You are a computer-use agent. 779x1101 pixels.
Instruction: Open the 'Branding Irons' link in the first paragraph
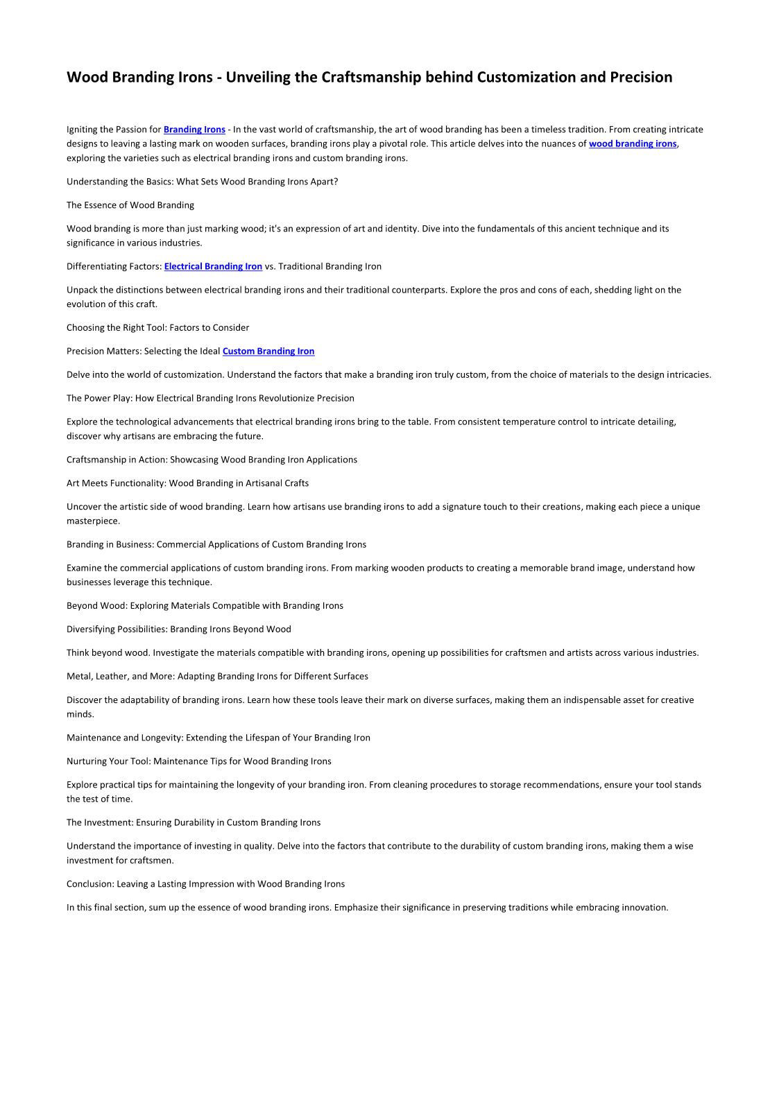[194, 130]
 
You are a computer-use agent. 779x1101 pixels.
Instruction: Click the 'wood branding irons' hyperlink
[632, 144]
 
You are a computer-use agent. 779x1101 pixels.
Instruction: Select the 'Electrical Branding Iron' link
[213, 267]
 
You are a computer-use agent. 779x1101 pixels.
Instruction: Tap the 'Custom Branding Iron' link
[268, 352]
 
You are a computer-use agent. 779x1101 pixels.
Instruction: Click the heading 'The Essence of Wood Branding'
[130, 205]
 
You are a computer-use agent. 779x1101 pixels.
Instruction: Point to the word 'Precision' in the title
[641, 77]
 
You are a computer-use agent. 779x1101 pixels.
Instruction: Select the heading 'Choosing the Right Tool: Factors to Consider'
[157, 328]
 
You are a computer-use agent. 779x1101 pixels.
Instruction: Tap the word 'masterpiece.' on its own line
[93, 521]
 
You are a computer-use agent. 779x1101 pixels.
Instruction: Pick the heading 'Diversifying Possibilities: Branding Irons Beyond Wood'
[179, 630]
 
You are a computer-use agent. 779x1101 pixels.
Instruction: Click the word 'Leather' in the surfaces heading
[112, 677]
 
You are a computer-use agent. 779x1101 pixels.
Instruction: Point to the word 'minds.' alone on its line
[80, 715]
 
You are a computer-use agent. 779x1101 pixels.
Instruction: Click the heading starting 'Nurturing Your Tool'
[199, 762]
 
